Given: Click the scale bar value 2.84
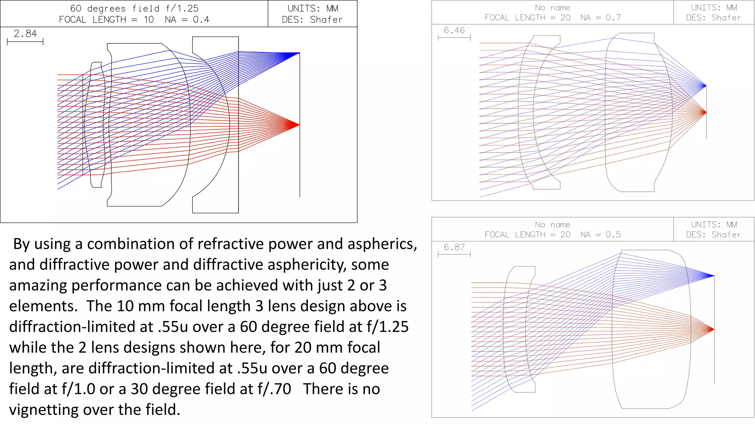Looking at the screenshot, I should coord(25,33).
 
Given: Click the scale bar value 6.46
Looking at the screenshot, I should coord(454,30).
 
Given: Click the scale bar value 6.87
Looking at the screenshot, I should coord(454,247).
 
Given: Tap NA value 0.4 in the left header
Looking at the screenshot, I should coord(201,20).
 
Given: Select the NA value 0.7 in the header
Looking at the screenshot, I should coord(613,18).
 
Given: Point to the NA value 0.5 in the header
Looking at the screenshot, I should coord(613,234).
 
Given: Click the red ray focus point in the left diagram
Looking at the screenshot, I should coord(299,125).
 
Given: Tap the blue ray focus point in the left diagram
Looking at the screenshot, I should coord(299,53).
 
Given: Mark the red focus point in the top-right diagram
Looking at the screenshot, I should coord(705,112).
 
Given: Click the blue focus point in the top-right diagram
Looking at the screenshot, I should coord(705,86).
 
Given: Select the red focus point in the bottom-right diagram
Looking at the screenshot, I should coord(713,329).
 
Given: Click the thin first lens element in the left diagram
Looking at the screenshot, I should coord(97,125).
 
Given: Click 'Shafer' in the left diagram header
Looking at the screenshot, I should coord(326,20).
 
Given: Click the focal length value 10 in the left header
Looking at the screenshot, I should coord(149,20).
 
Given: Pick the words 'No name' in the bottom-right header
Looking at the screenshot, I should coord(552,225).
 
